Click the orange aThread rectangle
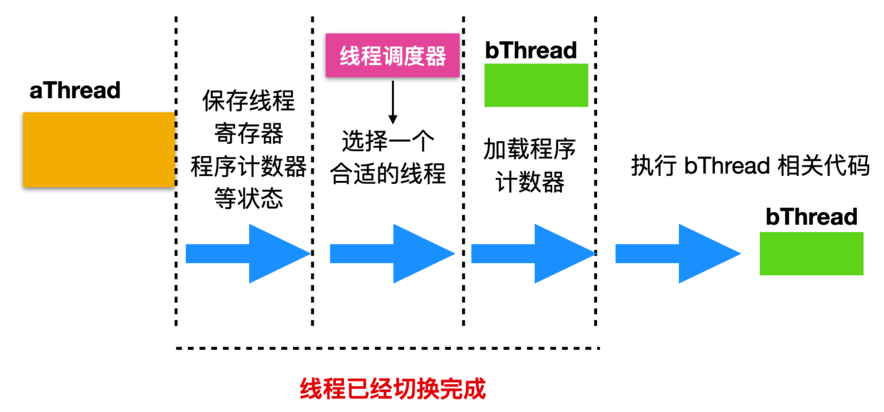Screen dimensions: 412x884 99,149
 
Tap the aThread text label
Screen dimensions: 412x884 75,91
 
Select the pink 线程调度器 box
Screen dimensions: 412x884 393,56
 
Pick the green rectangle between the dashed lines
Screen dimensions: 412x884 536,85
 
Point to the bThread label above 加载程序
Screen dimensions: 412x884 531,51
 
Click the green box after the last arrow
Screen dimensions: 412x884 811,253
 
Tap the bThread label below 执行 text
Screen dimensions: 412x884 811,217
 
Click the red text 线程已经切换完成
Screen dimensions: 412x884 393,389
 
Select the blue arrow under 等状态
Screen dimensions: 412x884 247,254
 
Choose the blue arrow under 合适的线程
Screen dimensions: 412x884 392,254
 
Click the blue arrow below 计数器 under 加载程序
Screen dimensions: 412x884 533,254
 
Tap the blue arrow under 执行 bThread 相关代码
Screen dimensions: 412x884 677,254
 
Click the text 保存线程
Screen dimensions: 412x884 248,101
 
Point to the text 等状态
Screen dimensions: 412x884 249,198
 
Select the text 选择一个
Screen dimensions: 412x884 388,141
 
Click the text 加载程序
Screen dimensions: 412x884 529,149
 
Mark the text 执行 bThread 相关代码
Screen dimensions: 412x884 750,165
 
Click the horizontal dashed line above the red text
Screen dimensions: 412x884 388,349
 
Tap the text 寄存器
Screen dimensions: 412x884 249,133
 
